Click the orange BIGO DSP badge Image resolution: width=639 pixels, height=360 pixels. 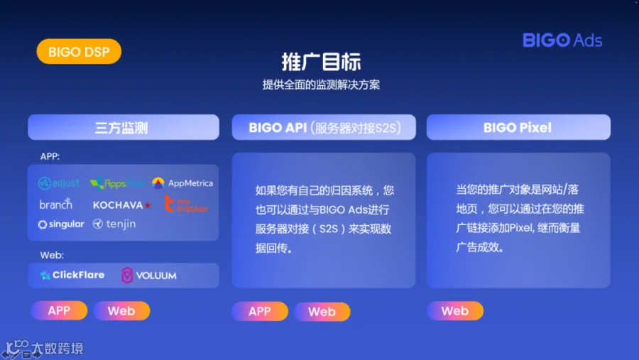(79, 51)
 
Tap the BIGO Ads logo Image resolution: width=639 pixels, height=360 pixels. (562, 40)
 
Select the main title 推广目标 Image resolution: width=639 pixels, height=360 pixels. (321, 62)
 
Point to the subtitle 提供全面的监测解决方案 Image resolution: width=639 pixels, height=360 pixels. (321, 84)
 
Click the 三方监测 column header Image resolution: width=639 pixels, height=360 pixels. (124, 127)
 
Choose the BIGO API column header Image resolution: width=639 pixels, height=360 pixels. (324, 127)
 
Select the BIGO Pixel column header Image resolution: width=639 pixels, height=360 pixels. (518, 127)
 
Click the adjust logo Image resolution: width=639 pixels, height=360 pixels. (59, 183)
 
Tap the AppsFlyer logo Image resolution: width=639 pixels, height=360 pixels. (117, 183)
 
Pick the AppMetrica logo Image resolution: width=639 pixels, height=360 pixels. (182, 183)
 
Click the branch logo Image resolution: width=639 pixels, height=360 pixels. (55, 204)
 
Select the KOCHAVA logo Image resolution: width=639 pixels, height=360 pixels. (122, 205)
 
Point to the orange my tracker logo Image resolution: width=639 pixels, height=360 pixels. (186, 204)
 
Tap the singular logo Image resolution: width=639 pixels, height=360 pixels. (61, 224)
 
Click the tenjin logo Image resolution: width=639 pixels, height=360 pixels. (114, 224)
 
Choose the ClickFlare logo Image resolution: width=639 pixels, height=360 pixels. (72, 276)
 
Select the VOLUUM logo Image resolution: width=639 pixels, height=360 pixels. (149, 276)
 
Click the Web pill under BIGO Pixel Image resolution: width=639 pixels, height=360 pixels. (455, 311)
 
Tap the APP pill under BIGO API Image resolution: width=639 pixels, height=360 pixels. (260, 312)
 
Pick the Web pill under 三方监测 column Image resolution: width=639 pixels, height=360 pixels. (121, 311)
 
